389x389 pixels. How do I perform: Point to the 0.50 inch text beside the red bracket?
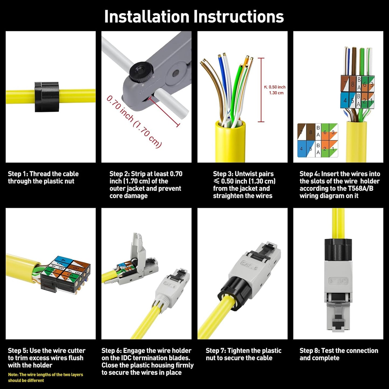277,87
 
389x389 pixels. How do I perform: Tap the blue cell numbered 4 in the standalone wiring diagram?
302,149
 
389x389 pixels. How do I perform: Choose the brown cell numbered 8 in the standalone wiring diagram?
311,132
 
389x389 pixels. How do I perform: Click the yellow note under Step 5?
45,377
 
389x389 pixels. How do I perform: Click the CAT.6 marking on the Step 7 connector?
249,265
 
